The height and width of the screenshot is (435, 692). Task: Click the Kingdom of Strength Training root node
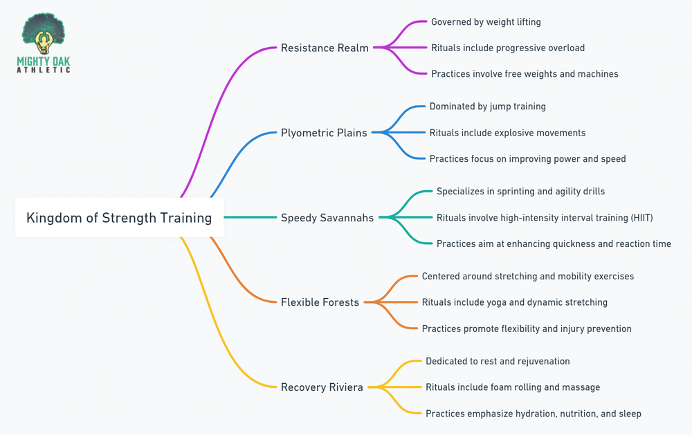point(119,218)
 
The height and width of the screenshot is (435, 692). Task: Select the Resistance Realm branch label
point(325,48)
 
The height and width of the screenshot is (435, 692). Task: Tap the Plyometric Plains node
point(323,133)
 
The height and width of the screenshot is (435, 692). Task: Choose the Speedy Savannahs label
point(327,218)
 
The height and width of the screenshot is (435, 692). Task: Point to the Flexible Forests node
point(320,302)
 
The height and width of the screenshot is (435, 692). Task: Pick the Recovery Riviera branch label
point(322,387)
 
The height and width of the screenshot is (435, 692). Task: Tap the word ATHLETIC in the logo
point(43,70)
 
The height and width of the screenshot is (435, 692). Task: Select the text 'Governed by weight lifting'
point(486,22)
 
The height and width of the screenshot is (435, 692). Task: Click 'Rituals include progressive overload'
point(507,48)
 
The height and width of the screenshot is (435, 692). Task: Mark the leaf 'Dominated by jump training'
point(487,107)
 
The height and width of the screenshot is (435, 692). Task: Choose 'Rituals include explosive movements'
point(507,133)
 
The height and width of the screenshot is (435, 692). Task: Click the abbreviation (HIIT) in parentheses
point(639,218)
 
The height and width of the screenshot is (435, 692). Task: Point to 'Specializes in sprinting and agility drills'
point(520,192)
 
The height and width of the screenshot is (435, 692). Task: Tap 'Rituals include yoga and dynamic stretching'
point(514,302)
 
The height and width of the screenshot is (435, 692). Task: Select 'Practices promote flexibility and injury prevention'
point(526,328)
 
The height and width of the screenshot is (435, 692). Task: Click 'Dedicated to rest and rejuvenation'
point(498,361)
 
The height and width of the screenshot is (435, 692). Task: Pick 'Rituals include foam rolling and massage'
point(512,387)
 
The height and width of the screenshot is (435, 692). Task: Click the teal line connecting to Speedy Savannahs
point(250,218)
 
